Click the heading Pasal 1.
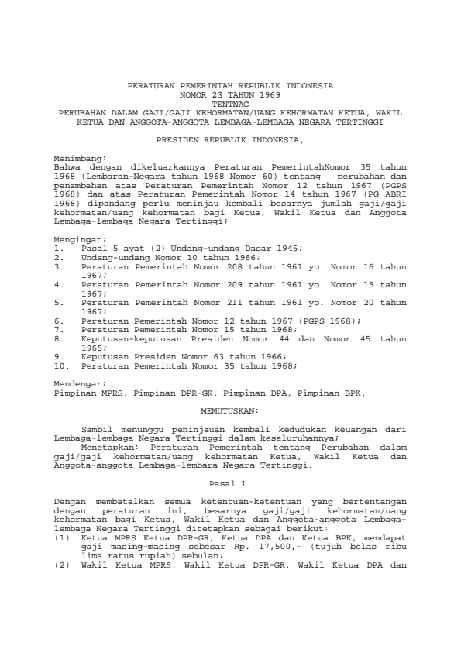coord(230,484)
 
